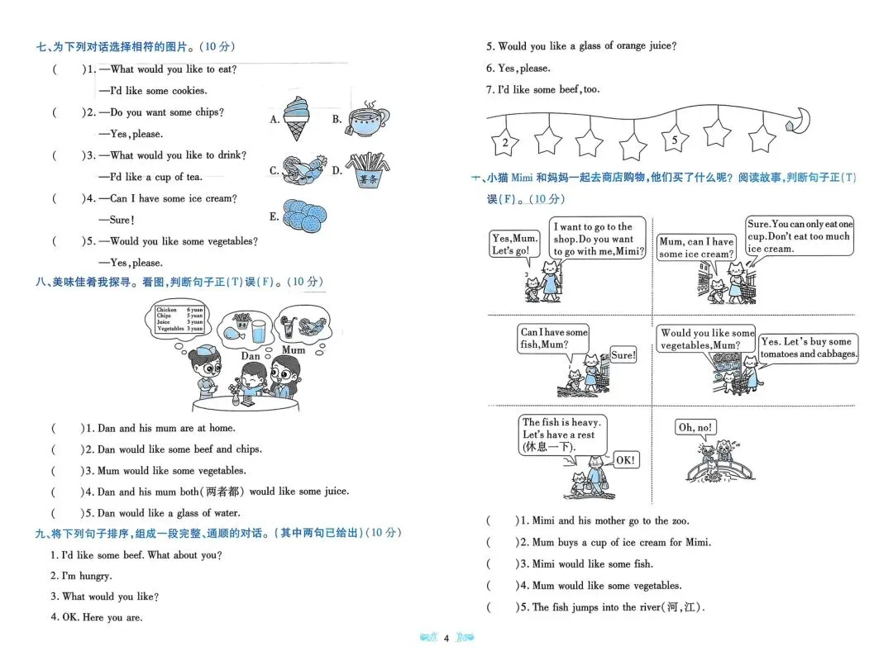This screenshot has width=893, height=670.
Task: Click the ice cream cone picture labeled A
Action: tap(294, 117)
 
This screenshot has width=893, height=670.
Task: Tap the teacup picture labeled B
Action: tap(368, 121)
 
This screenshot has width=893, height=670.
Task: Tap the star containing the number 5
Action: tap(675, 140)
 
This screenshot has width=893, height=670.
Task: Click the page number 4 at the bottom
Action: tap(446, 638)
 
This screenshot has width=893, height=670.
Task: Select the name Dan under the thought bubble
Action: tap(251, 356)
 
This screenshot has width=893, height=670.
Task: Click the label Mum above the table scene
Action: tap(293, 349)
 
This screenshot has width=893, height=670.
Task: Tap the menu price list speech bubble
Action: tap(179, 319)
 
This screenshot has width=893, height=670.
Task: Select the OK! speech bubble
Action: tap(625, 460)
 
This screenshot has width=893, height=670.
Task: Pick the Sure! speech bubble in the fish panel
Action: tap(623, 355)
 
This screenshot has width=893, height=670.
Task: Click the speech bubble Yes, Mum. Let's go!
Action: tap(514, 245)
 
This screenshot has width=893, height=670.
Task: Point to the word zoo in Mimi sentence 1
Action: tap(679, 521)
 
